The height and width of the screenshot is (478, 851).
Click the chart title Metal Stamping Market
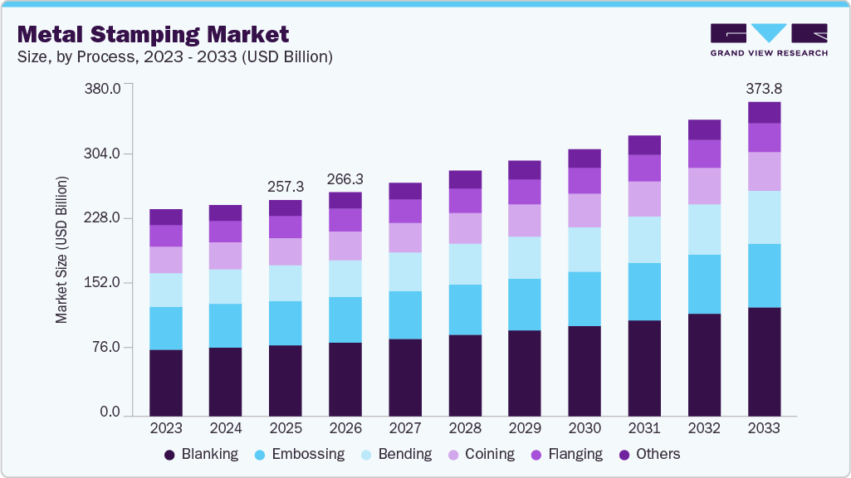pos(153,34)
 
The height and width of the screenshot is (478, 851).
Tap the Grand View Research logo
pos(768,39)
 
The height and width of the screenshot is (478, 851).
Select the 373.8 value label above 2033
pos(764,88)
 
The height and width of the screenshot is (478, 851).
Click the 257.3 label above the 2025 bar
pos(286,187)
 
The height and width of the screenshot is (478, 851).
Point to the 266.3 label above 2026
pos(345,179)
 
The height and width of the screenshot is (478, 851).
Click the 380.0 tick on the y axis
pos(104,89)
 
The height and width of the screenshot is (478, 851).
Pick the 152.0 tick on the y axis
pos(104,283)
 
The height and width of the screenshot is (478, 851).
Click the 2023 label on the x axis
pos(165,428)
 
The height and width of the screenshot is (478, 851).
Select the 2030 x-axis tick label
pos(584,428)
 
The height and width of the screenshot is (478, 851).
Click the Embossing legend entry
pos(298,454)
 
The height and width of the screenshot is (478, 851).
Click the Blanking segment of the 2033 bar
pos(764,361)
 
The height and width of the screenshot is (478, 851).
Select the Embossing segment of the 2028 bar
pos(465,310)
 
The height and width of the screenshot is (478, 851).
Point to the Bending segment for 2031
pos(644,240)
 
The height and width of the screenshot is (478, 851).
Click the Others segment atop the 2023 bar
pos(166,217)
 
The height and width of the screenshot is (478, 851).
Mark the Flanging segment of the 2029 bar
pos(525,192)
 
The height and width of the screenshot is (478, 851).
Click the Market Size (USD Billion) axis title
pos(61,250)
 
